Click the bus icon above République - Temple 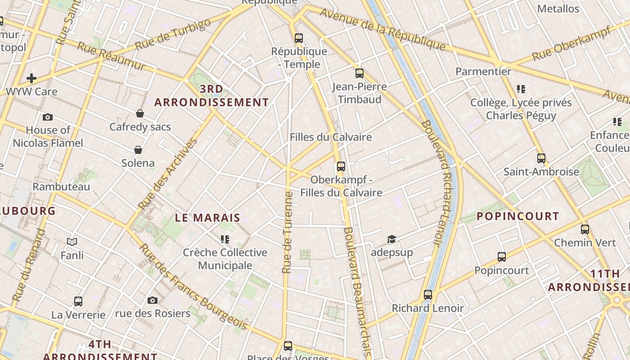click(x=299, y=38)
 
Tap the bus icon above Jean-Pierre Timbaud click(x=359, y=73)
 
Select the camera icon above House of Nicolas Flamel click(x=48, y=117)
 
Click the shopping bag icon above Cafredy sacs click(x=140, y=113)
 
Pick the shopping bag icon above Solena click(x=138, y=150)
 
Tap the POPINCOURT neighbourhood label click(x=517, y=216)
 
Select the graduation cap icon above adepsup click(x=391, y=239)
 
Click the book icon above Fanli click(x=72, y=242)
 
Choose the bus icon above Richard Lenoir click(x=427, y=295)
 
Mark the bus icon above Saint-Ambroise click(x=541, y=158)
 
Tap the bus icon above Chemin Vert click(x=585, y=229)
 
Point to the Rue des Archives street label click(x=168, y=174)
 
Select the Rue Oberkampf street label click(x=571, y=44)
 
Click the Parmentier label click(x=483, y=72)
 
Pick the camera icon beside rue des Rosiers click(x=153, y=300)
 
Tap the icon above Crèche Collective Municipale click(x=225, y=239)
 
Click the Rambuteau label click(x=61, y=186)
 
